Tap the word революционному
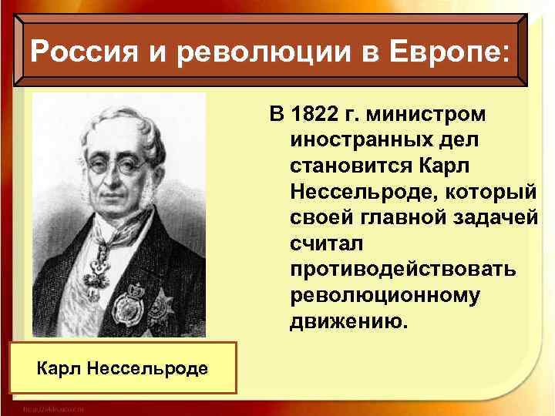coord(386,295)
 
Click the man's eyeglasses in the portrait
coord(112,166)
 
